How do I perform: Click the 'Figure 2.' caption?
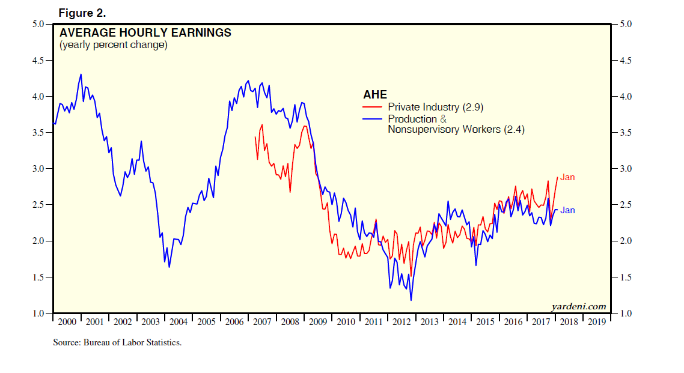pos(82,13)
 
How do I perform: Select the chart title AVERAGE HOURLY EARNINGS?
pos(145,33)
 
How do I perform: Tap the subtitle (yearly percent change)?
pos(113,45)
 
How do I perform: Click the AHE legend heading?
pos(375,95)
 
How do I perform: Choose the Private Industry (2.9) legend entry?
pos(435,108)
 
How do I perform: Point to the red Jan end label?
pos(567,177)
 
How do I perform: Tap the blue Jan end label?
pos(567,210)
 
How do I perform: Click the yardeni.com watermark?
pos(578,306)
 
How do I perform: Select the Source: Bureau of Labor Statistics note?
pos(117,342)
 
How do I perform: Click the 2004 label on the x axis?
pos(179,322)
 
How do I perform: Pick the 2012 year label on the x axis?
pos(402,322)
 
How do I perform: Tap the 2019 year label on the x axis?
pos(596,322)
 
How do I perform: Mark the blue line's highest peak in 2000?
pos(81,74)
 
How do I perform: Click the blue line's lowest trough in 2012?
pos(411,300)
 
